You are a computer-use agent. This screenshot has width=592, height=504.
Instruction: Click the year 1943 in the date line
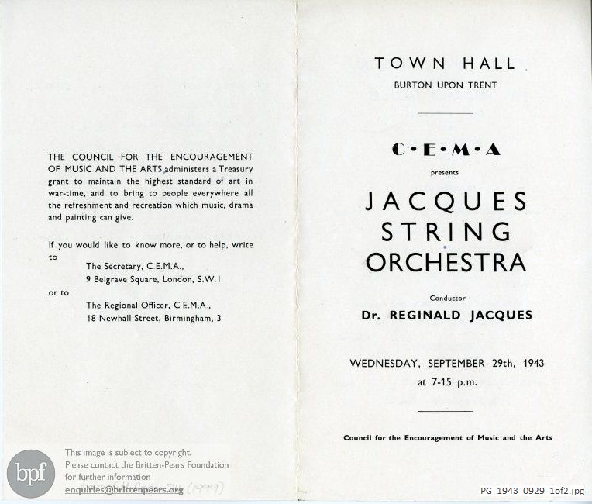(524, 363)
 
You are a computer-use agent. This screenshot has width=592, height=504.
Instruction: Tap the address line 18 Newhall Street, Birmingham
(153, 318)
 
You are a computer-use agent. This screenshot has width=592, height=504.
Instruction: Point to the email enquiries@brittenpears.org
(125, 490)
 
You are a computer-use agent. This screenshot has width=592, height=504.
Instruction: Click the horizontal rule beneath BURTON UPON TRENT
(445, 113)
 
